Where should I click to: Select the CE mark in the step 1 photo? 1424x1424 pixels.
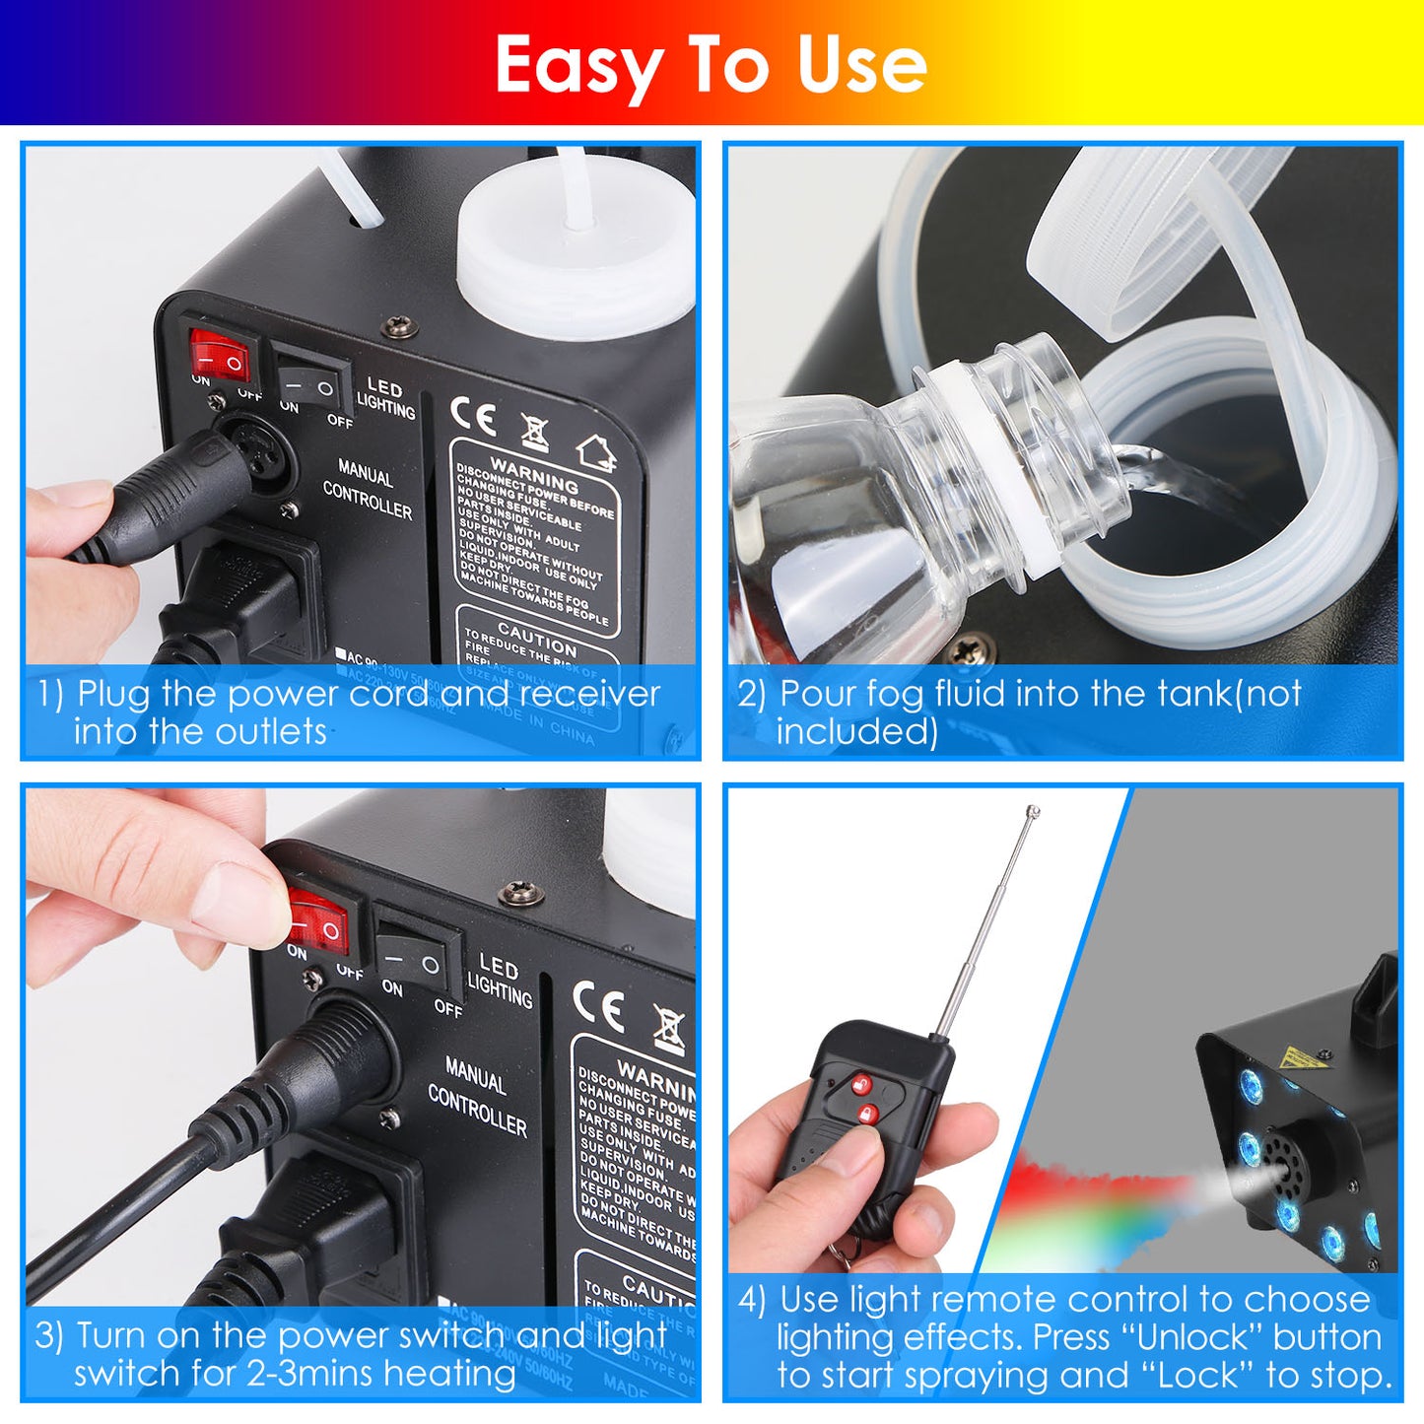point(473,417)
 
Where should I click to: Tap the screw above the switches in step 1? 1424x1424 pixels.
point(400,324)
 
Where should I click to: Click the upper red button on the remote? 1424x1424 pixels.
point(862,1085)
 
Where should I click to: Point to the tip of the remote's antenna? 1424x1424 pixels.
point(1032,812)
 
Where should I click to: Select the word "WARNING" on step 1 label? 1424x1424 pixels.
point(534,474)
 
